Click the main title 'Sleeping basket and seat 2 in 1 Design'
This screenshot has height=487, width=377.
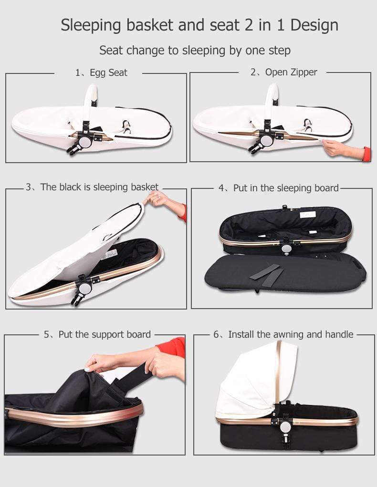[x=199, y=25]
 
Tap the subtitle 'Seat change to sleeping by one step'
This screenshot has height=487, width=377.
[x=195, y=50]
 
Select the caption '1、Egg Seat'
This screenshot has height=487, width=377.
[x=101, y=73]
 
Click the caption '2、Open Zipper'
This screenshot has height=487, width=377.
[x=283, y=73]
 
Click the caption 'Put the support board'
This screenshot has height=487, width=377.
[x=97, y=334]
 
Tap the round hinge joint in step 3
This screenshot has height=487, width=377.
[x=85, y=288]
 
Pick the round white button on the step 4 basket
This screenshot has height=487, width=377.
[x=286, y=249]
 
